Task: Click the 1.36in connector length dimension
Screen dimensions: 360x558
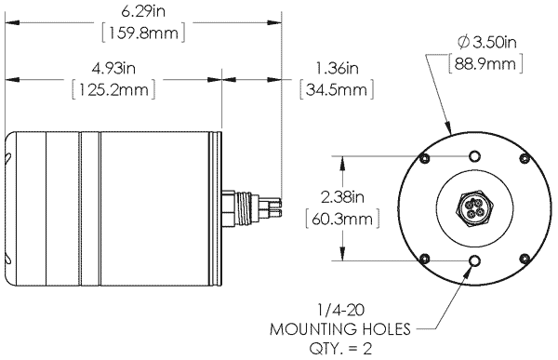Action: click(x=335, y=71)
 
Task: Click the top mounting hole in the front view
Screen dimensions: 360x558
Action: click(x=474, y=156)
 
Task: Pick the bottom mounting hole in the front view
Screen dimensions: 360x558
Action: click(x=475, y=262)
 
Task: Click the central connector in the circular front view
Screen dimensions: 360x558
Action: click(x=475, y=209)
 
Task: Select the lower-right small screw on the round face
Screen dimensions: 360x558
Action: click(x=525, y=259)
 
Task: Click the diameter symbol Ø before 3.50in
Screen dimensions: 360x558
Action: click(x=462, y=43)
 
